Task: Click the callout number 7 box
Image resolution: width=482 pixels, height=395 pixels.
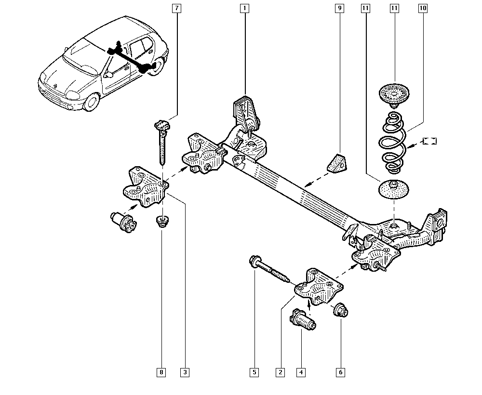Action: (177, 8)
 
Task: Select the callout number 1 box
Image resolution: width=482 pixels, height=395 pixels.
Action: (244, 8)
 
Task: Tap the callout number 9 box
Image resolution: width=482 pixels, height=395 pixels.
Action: (340, 8)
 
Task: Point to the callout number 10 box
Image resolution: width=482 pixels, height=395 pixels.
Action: (423, 8)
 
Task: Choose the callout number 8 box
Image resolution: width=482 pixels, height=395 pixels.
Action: (161, 372)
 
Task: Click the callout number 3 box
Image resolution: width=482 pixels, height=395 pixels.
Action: (185, 372)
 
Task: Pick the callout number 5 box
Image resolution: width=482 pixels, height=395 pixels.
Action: (254, 372)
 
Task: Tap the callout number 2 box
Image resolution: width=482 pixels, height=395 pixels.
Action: (280, 372)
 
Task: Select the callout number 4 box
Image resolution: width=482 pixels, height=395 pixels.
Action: (301, 372)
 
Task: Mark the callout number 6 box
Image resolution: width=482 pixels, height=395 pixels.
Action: (340, 372)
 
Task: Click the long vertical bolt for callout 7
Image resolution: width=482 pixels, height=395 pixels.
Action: (161, 142)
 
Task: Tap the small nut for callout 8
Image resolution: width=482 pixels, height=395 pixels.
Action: (162, 222)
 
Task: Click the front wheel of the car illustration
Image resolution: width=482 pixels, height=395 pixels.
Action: (90, 103)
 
